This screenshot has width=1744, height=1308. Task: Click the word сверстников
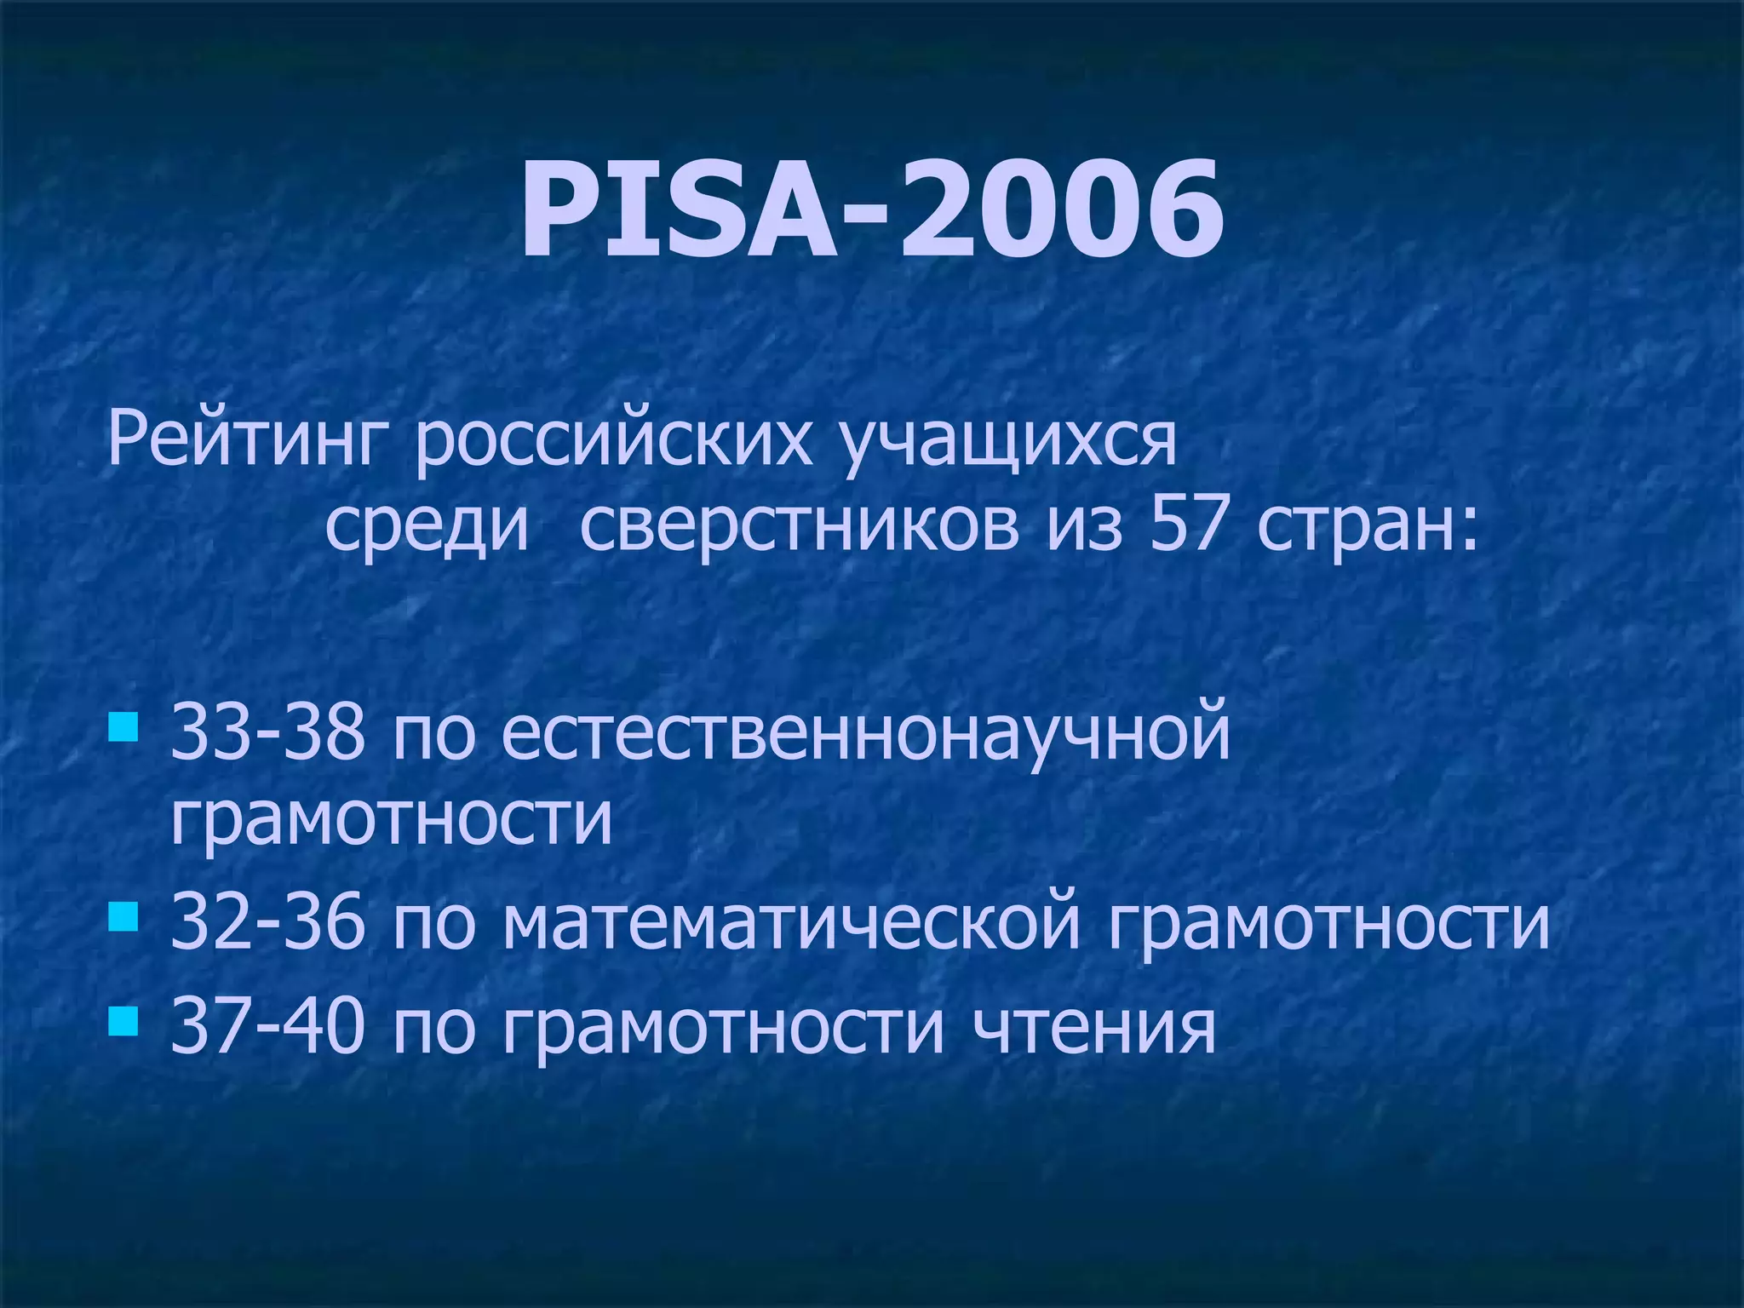coord(798,525)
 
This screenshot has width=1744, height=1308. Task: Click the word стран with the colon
coord(1368,525)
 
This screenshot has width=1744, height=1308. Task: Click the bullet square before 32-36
coord(123,917)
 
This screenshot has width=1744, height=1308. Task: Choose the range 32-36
coord(267,924)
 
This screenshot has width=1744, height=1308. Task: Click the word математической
coord(791,924)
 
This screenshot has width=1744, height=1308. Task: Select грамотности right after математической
coord(1329,924)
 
